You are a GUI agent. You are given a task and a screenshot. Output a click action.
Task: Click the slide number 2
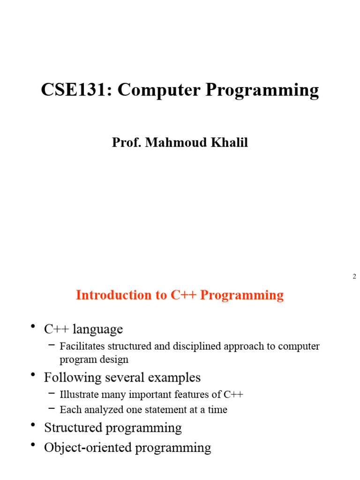pos(354,277)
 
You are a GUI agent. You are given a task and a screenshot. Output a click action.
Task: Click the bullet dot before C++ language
pos(33,326)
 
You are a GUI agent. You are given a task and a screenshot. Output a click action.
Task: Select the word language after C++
pos(97,330)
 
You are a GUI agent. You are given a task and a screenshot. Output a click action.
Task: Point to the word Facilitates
pos(82,346)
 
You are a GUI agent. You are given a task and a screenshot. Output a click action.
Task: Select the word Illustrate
pos(79,394)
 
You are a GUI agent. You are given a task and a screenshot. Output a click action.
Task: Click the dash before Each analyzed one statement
pos(52,409)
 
